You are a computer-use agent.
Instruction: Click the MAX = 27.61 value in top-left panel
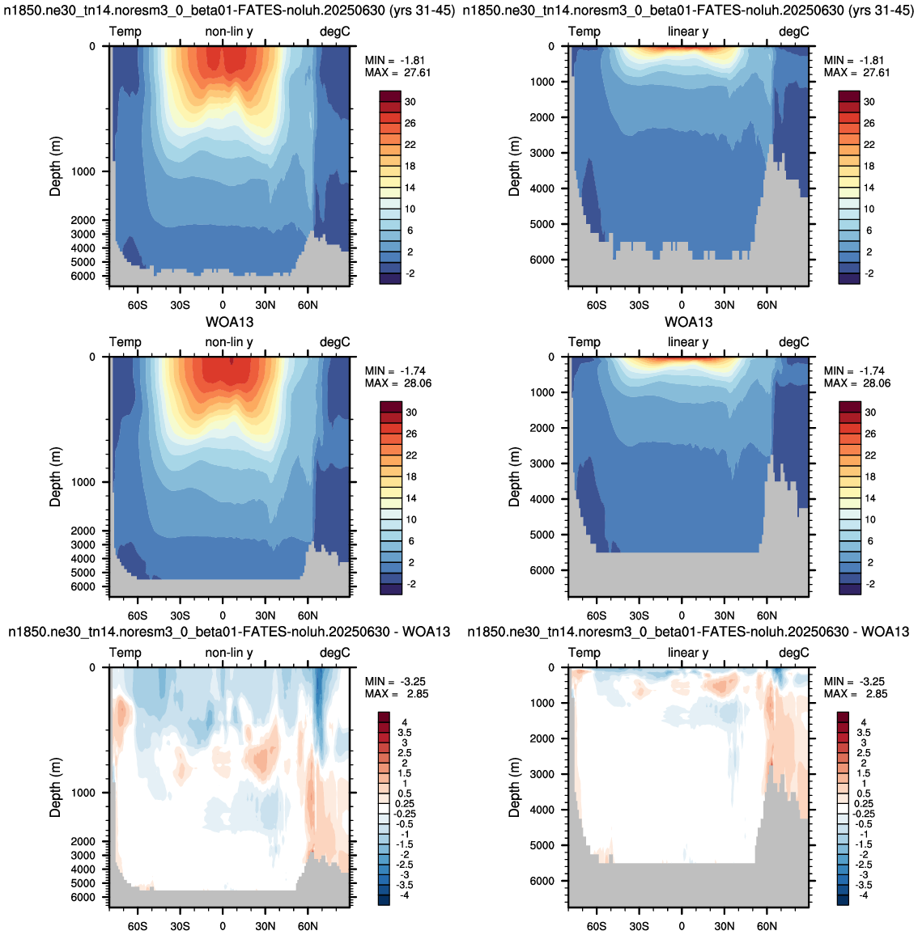click(397, 73)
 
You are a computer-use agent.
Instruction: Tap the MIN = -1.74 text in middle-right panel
click(856, 371)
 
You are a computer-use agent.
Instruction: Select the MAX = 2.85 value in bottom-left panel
click(397, 694)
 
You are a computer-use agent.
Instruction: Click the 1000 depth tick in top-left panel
click(83, 171)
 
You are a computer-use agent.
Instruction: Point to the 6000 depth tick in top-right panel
click(542, 260)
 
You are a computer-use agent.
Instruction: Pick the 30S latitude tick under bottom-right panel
click(639, 926)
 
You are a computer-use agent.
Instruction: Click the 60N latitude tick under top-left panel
click(308, 305)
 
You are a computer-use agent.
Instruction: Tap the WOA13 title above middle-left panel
click(230, 322)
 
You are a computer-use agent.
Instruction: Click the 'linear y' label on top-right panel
click(688, 32)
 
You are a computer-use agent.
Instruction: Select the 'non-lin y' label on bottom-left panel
click(229, 653)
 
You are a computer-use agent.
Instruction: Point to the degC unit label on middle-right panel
click(794, 342)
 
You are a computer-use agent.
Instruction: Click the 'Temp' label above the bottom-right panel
click(584, 653)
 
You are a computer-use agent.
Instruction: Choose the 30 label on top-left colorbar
click(410, 102)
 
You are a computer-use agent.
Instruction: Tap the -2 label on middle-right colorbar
click(870, 584)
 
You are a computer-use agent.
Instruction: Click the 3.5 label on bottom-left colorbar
click(405, 733)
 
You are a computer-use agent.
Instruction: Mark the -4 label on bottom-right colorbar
click(862, 895)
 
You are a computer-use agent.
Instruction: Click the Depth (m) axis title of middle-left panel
click(56, 477)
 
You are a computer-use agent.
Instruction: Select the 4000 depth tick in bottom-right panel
click(542, 810)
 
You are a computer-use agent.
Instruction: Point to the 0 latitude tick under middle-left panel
click(223, 616)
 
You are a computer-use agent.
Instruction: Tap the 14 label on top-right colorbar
click(869, 188)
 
